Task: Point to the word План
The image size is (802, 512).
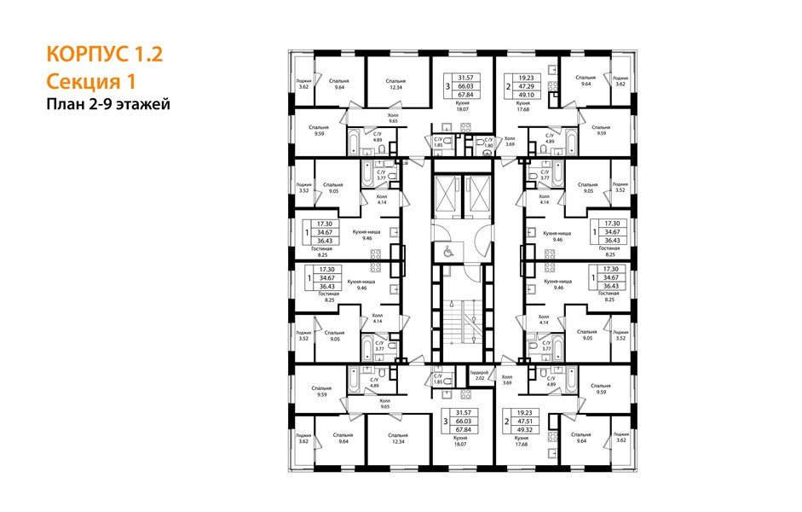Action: (x=64, y=104)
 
